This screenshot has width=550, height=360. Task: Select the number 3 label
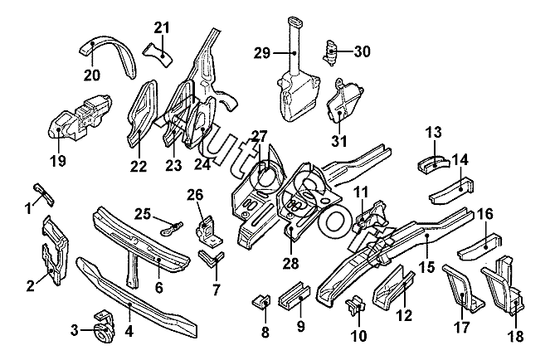tap(75, 332)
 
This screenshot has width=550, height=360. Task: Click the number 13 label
tap(433, 132)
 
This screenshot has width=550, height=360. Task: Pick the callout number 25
tap(143, 215)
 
